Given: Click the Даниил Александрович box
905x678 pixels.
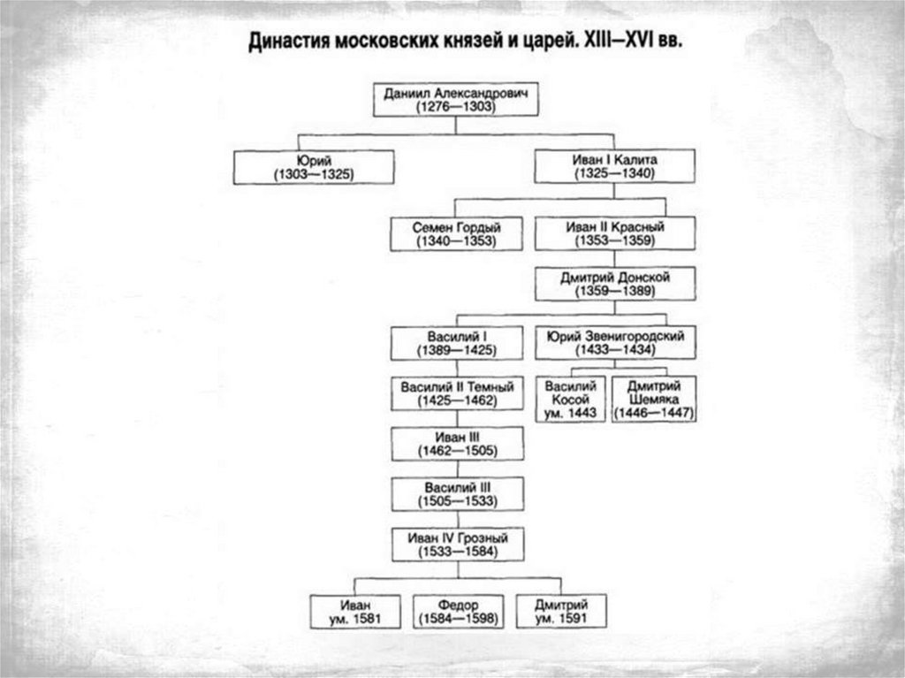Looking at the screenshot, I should tap(456, 98).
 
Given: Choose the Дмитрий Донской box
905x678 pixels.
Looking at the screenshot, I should tap(615, 284).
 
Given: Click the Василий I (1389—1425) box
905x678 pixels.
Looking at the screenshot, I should tap(457, 344).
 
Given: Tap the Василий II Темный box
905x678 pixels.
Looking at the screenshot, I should tap(457, 393).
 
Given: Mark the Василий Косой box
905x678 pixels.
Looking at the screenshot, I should tap(570, 399).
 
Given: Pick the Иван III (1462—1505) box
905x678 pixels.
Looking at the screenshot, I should tap(457, 444).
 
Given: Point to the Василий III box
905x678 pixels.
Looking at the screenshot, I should tap(457, 494).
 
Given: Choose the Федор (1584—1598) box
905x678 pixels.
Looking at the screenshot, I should tap(458, 611).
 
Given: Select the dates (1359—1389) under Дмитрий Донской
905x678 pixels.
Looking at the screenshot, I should tap(615, 291).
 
